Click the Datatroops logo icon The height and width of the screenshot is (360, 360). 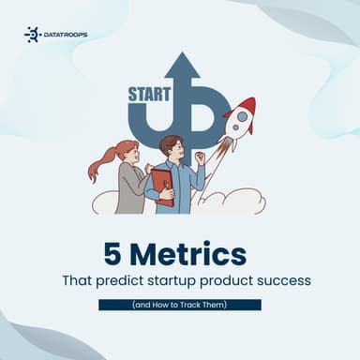tap(32, 35)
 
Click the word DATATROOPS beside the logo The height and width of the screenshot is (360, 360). tap(65, 35)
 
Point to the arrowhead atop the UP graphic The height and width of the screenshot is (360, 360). tap(182, 65)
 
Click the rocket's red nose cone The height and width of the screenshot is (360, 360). tap(248, 104)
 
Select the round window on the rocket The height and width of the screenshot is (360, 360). tap(240, 119)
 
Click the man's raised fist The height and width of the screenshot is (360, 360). tap(200, 157)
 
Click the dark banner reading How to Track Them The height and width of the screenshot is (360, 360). tap(180, 305)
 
